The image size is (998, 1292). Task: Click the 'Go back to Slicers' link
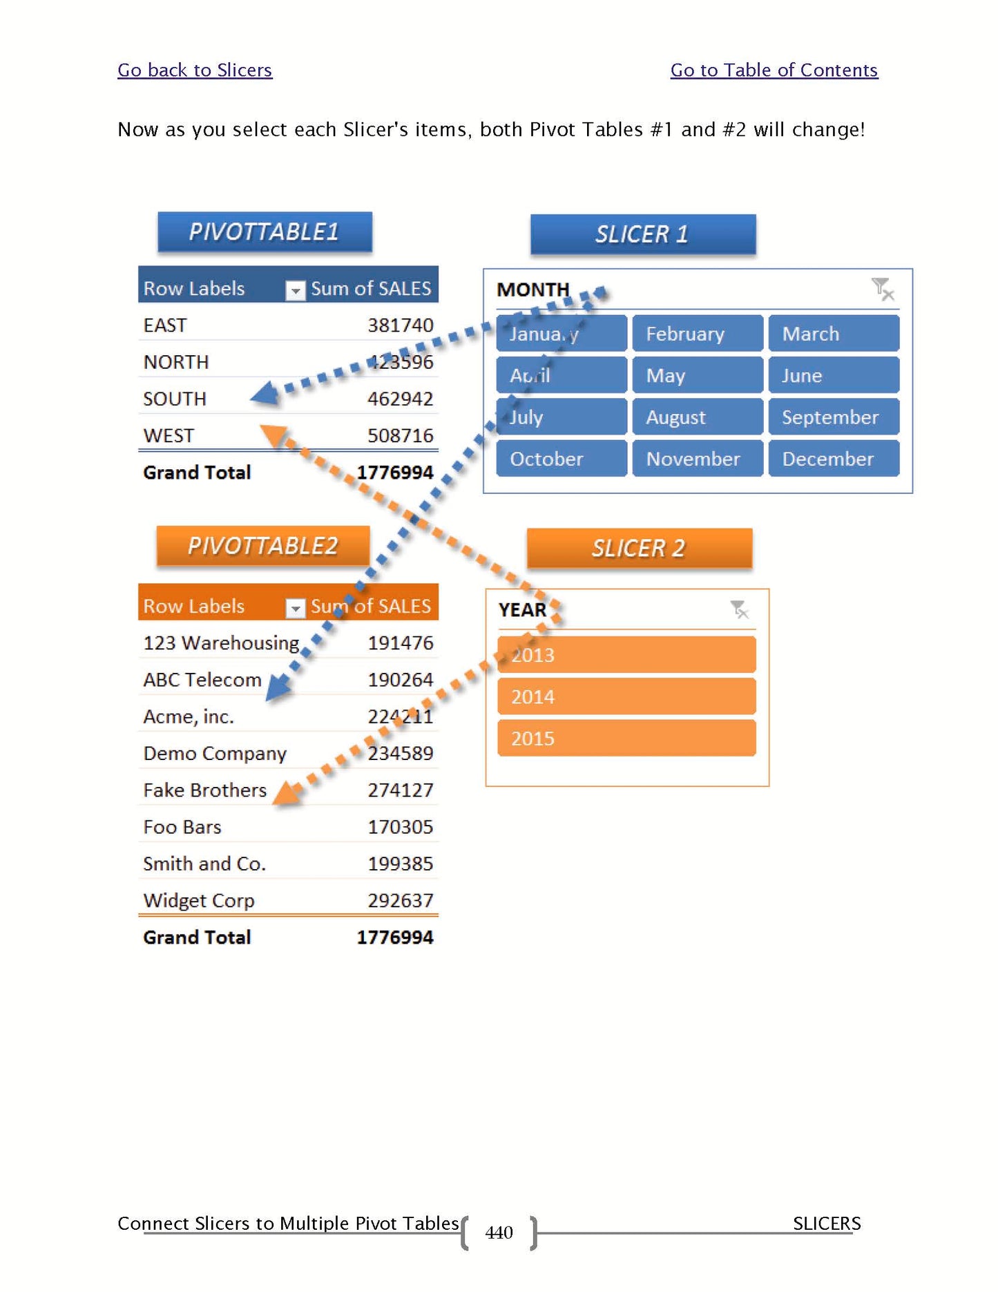(194, 70)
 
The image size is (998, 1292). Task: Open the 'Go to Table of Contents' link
(774, 70)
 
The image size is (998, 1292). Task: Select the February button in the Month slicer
(698, 334)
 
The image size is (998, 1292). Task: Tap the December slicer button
(834, 459)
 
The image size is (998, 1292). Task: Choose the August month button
(698, 417)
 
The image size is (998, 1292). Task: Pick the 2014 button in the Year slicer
(626, 696)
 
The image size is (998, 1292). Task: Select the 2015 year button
(626, 739)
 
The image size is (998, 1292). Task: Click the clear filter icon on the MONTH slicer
(882, 289)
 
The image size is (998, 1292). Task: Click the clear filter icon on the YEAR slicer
(739, 609)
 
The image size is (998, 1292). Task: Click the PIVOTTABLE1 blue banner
(265, 232)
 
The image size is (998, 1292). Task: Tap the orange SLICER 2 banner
(639, 549)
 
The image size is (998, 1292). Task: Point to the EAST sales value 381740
(400, 325)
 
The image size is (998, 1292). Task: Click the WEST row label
(169, 436)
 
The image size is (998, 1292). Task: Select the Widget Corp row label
(199, 901)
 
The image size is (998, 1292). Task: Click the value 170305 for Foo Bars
(400, 827)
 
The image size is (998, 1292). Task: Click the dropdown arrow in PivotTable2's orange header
(295, 608)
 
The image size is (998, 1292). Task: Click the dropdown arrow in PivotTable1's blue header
(295, 291)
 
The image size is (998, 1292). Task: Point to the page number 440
(499, 1233)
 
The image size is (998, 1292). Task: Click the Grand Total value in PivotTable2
(394, 938)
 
